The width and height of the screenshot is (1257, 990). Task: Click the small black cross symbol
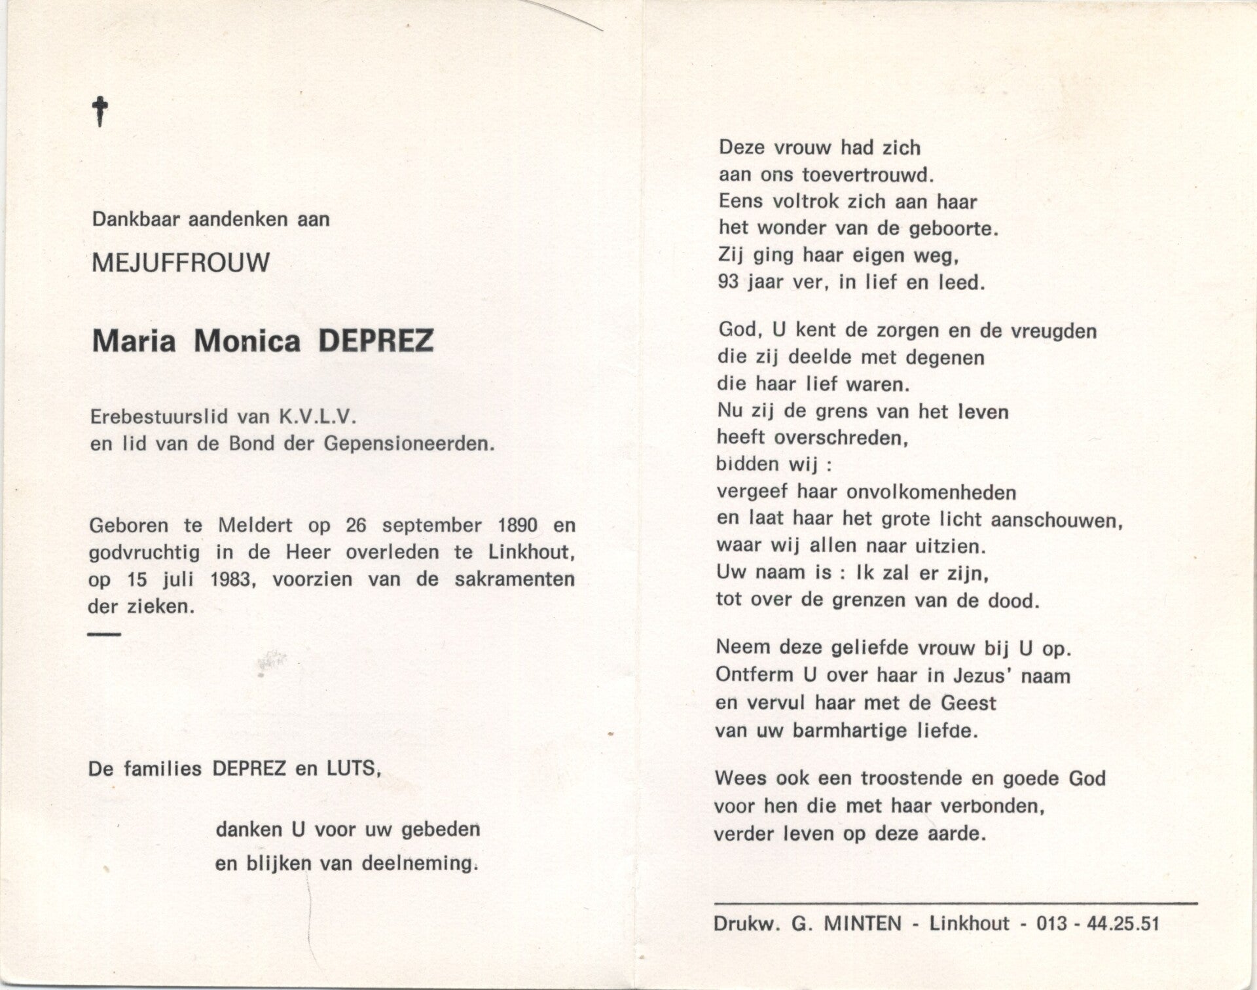[x=100, y=111]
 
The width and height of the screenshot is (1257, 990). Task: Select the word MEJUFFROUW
[x=181, y=263]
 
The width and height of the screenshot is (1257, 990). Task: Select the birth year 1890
[x=517, y=525]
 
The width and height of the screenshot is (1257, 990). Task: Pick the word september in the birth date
[x=432, y=526]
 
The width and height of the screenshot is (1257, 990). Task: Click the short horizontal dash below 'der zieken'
[x=104, y=634]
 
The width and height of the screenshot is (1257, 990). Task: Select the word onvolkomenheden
[x=922, y=492]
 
